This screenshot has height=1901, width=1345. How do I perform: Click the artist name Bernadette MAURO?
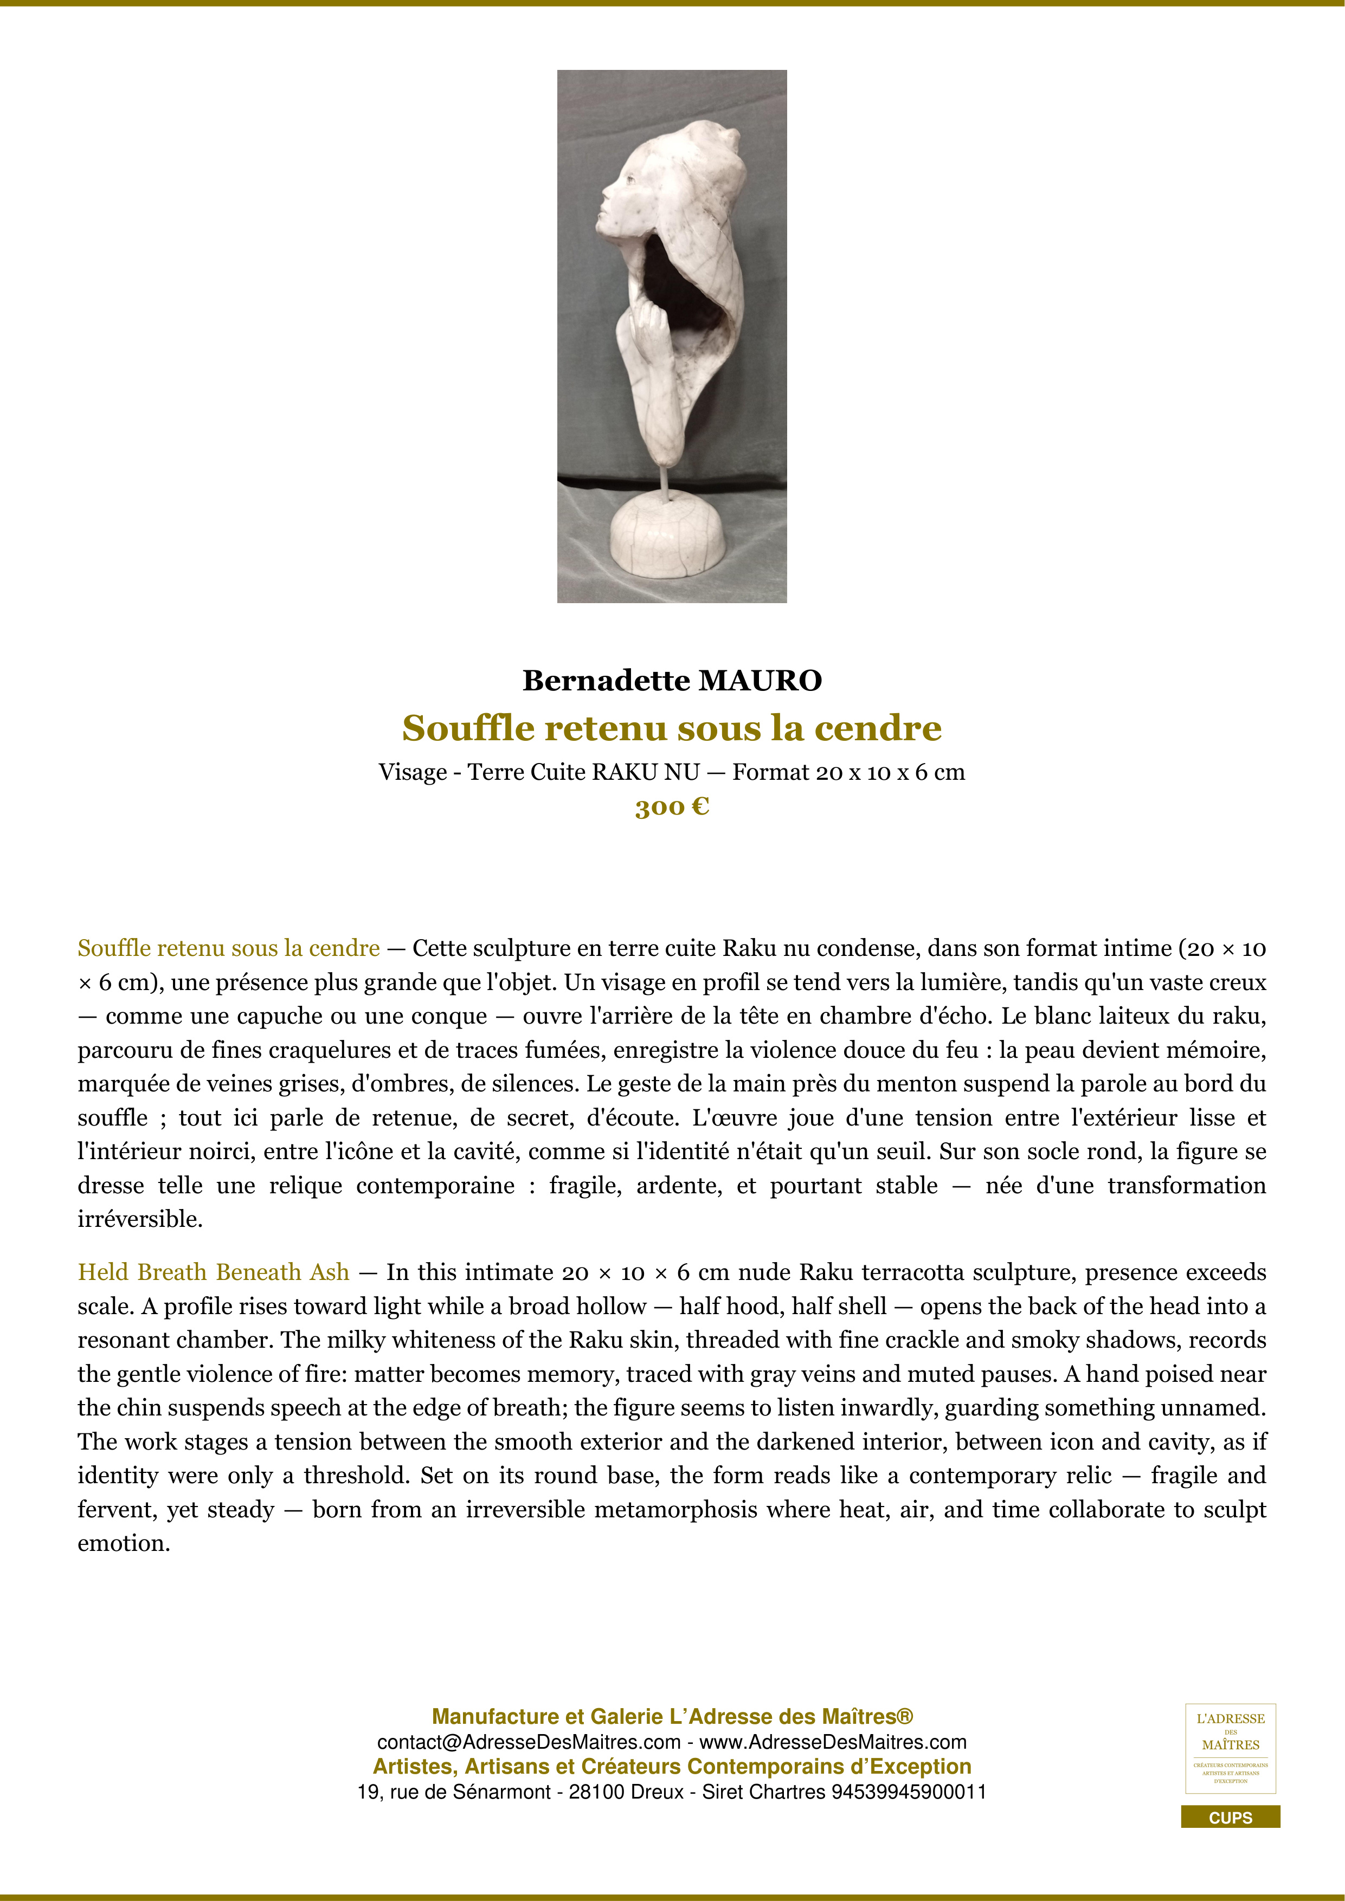(x=672, y=681)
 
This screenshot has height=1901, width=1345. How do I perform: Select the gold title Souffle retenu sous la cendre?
(x=672, y=728)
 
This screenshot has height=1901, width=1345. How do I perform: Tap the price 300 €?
(x=672, y=806)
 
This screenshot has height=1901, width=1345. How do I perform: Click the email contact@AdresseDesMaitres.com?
(x=529, y=1742)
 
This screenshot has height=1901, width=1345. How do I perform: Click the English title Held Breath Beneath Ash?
(x=213, y=1272)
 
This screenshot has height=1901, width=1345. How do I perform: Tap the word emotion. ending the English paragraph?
(x=124, y=1543)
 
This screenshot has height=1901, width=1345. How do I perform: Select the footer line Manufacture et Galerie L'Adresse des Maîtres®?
(x=672, y=1716)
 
